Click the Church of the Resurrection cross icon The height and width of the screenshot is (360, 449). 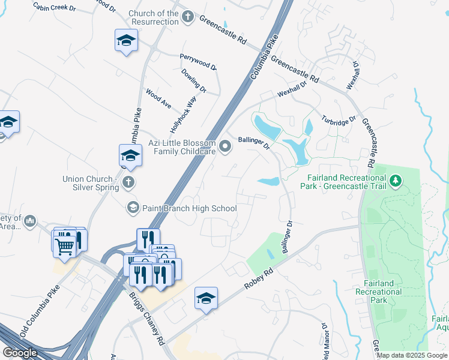pyautogui.click(x=188, y=16)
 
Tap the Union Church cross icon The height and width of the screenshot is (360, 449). pyautogui.click(x=127, y=182)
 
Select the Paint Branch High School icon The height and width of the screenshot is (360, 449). pyautogui.click(x=132, y=208)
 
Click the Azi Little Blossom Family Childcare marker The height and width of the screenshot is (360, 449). pyautogui.click(x=226, y=146)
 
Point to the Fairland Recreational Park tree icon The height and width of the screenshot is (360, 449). pyautogui.click(x=395, y=180)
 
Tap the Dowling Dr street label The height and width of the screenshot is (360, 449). pyautogui.click(x=194, y=80)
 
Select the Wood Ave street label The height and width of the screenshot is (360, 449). pyautogui.click(x=158, y=98)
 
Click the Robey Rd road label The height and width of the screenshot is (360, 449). pyautogui.click(x=259, y=279)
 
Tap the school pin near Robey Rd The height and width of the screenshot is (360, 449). pyautogui.click(x=205, y=298)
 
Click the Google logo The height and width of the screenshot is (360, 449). pyautogui.click(x=20, y=353)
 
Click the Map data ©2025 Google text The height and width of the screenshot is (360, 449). pyautogui.click(x=412, y=355)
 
